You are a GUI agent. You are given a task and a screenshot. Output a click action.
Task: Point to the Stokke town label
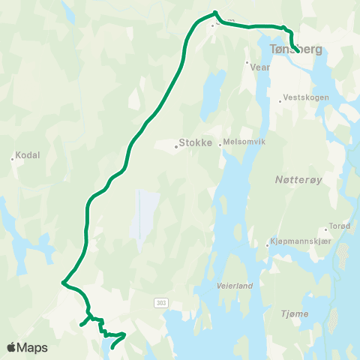coord(197,146)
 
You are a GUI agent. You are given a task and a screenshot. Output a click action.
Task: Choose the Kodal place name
coord(27,155)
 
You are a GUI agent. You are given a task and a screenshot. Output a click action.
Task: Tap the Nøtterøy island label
coord(289,181)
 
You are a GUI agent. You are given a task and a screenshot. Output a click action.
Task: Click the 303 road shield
coord(161,302)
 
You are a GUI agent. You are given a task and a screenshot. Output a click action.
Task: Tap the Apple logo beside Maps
coord(11,348)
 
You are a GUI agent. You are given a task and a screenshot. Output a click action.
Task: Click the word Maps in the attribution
coord(32,348)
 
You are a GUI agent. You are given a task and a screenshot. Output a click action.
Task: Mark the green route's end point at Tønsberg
coord(298,51)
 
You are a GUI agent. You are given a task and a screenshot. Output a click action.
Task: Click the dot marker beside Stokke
coord(176,146)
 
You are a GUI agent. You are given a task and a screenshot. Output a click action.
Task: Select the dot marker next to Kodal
coord(13,158)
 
